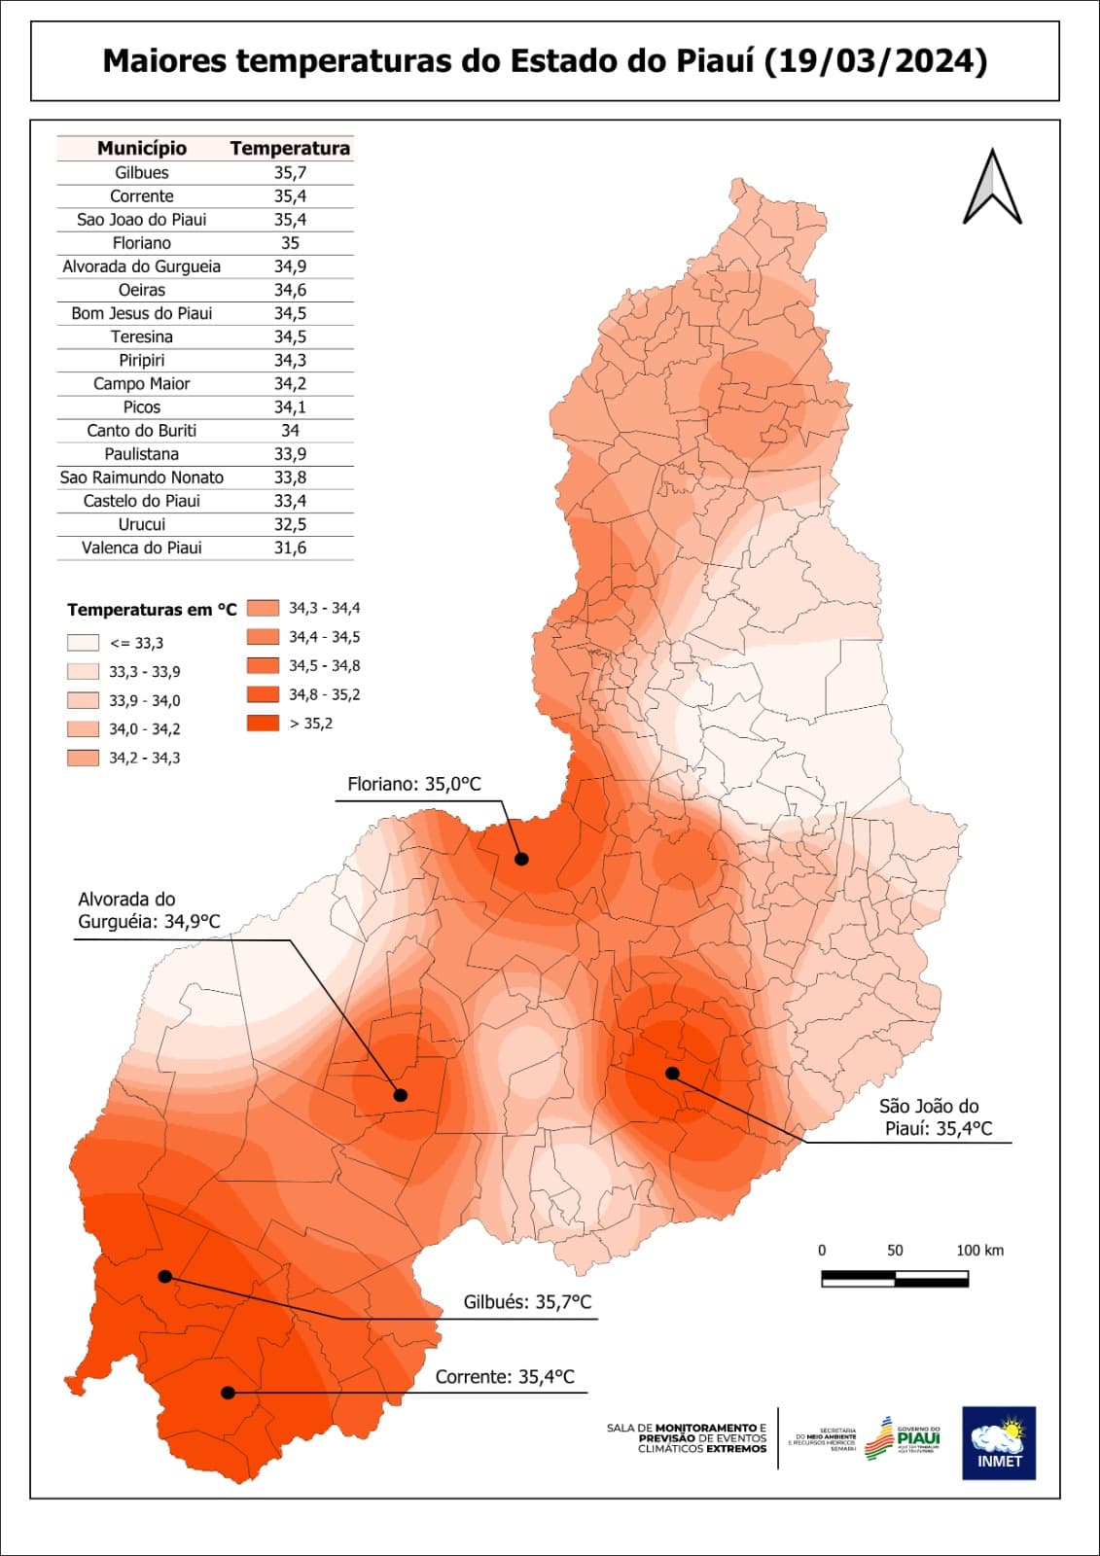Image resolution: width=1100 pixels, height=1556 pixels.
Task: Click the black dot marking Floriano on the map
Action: (521, 859)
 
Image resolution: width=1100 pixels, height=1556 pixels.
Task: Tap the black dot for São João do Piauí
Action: (672, 1074)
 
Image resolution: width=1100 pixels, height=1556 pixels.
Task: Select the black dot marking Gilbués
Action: (165, 1276)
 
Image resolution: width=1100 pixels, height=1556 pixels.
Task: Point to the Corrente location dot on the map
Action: (228, 1393)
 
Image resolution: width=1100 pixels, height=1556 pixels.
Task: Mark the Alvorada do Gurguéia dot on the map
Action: (401, 1095)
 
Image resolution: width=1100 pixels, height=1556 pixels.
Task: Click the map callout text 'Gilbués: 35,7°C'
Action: (527, 1302)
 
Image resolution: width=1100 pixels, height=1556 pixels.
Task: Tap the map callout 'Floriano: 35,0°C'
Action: (414, 784)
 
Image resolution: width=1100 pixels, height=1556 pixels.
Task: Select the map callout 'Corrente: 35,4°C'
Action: (505, 1377)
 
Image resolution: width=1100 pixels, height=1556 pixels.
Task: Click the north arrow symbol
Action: (992, 188)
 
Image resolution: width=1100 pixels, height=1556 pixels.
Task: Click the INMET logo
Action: (999, 1443)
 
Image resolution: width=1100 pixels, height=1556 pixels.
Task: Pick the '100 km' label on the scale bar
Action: (979, 1251)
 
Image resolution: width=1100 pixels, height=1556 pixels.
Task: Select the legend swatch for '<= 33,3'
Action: (83, 643)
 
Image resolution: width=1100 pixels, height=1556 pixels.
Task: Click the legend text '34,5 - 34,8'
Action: (324, 666)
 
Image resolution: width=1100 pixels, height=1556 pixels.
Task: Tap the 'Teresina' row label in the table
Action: (142, 336)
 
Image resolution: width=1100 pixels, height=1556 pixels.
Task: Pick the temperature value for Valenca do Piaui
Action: (290, 548)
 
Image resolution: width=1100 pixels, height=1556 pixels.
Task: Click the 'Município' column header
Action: (142, 148)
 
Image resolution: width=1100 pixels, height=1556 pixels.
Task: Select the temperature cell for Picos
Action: (290, 407)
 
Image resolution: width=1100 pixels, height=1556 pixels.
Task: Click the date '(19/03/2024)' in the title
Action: (875, 61)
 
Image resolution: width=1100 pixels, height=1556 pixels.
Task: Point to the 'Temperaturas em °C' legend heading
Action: (152, 610)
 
